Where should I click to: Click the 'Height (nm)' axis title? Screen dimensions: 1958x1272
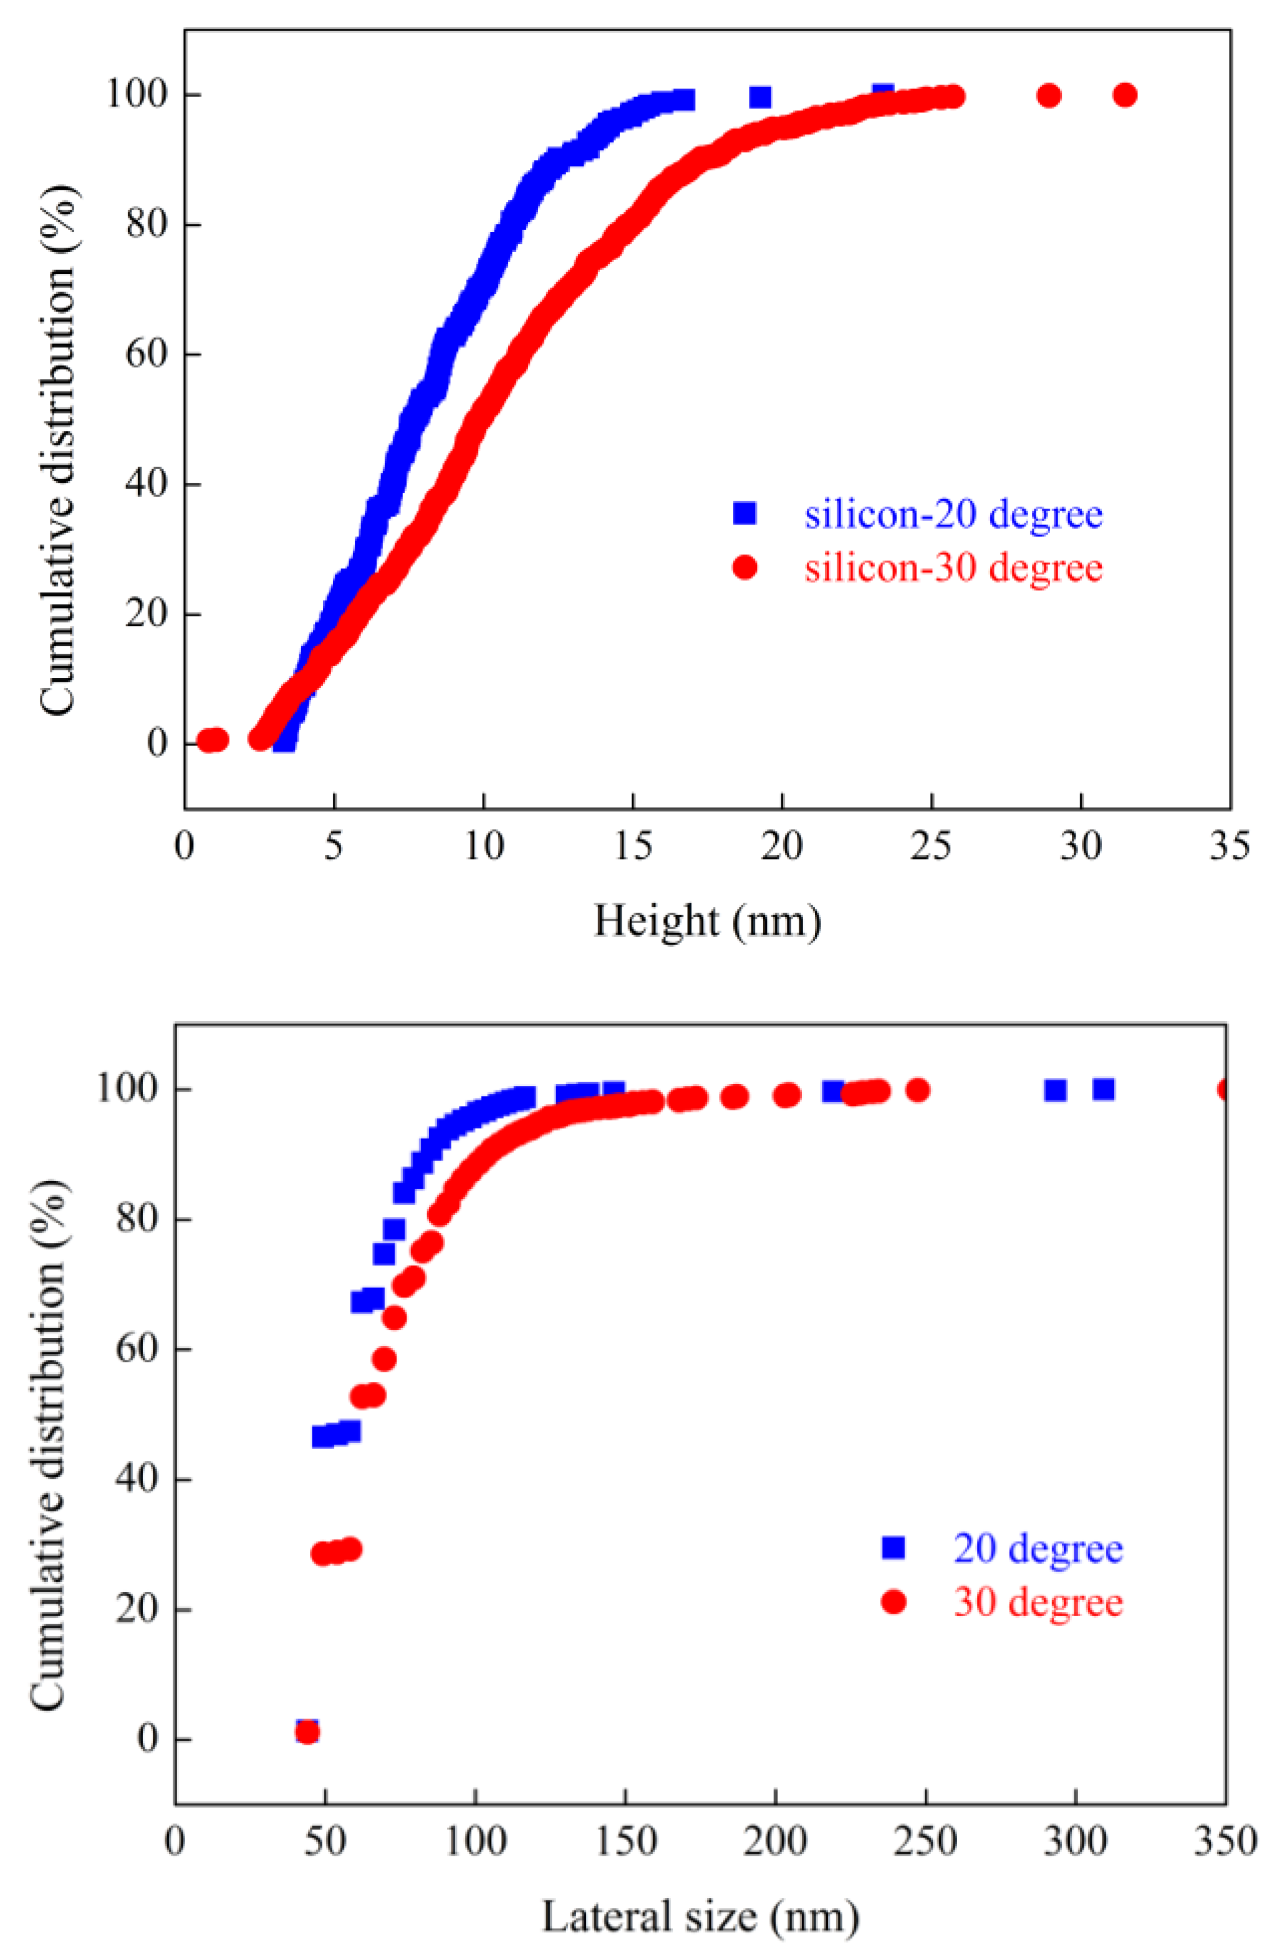pyautogui.click(x=707, y=921)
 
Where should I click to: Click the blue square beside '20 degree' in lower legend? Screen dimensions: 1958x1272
pyautogui.click(x=893, y=1548)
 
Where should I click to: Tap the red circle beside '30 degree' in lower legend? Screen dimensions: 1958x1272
pyautogui.click(x=893, y=1602)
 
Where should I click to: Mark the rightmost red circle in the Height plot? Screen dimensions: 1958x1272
pyautogui.click(x=1125, y=95)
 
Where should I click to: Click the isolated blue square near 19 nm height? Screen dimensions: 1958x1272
pyautogui.click(x=761, y=97)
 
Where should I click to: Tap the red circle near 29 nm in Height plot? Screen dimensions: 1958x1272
pyautogui.click(x=1048, y=95)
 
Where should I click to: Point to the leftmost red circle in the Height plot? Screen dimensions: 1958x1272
pyautogui.click(x=207, y=740)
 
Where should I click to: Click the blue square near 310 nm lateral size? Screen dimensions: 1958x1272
pyautogui.click(x=1104, y=1089)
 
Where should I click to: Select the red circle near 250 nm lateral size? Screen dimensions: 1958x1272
pyautogui.click(x=918, y=1091)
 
